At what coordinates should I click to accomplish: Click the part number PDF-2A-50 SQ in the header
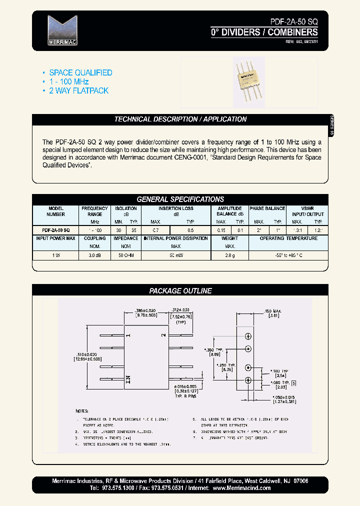coord(289,22)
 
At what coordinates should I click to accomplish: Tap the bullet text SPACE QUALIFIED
coord(80,72)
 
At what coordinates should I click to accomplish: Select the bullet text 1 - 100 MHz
coord(69,81)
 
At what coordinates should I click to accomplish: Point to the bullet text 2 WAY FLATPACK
coord(78,90)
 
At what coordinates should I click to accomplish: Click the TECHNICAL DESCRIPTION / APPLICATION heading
coord(180,119)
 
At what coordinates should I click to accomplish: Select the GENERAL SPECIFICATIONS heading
coord(180,199)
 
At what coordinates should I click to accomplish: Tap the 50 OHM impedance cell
coord(125,255)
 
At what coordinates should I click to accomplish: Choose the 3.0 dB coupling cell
coord(95,255)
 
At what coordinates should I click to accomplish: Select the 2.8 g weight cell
coord(230,255)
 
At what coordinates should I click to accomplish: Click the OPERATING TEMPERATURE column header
coord(288,238)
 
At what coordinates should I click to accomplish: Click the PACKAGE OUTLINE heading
coord(180,290)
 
